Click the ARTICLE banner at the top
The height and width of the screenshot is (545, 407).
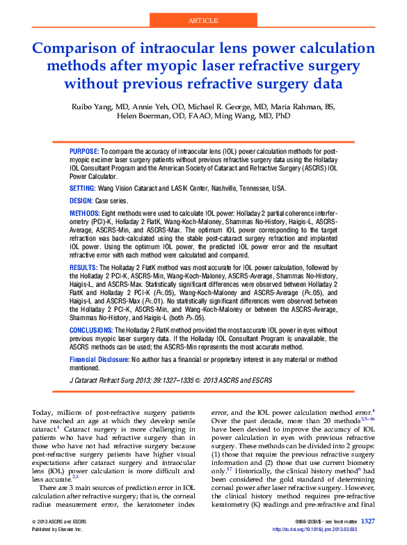pos(204,21)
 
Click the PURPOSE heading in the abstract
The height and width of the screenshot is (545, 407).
pos(84,151)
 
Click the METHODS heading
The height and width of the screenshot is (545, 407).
pos(85,212)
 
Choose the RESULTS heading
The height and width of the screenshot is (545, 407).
pos(84,267)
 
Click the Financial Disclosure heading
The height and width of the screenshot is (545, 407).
pos(99,358)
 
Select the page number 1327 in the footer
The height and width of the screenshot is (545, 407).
pos(368,521)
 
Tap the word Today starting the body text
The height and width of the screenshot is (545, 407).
pos(42,413)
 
